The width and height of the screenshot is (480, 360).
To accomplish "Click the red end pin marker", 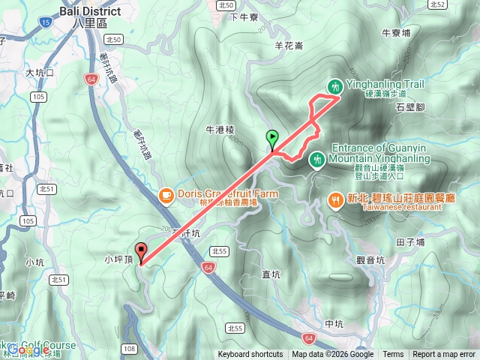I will (x=140, y=252).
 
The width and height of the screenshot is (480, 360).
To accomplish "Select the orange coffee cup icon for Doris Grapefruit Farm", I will (x=164, y=194).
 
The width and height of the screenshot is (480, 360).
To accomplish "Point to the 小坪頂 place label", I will (x=118, y=259).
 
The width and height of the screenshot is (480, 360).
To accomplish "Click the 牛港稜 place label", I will (x=220, y=129).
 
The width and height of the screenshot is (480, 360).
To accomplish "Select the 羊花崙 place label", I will (x=289, y=46).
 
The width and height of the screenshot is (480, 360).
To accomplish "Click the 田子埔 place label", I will (x=410, y=242).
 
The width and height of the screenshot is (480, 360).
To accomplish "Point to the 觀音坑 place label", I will (x=370, y=260).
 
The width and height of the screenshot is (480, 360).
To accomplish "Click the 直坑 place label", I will (x=271, y=275).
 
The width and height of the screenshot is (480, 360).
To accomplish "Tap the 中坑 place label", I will (x=334, y=324).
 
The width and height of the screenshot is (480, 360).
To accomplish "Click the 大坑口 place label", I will (x=40, y=73).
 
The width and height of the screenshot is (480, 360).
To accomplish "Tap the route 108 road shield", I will (x=130, y=349).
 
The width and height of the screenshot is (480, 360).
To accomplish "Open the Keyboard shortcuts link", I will (x=250, y=355).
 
